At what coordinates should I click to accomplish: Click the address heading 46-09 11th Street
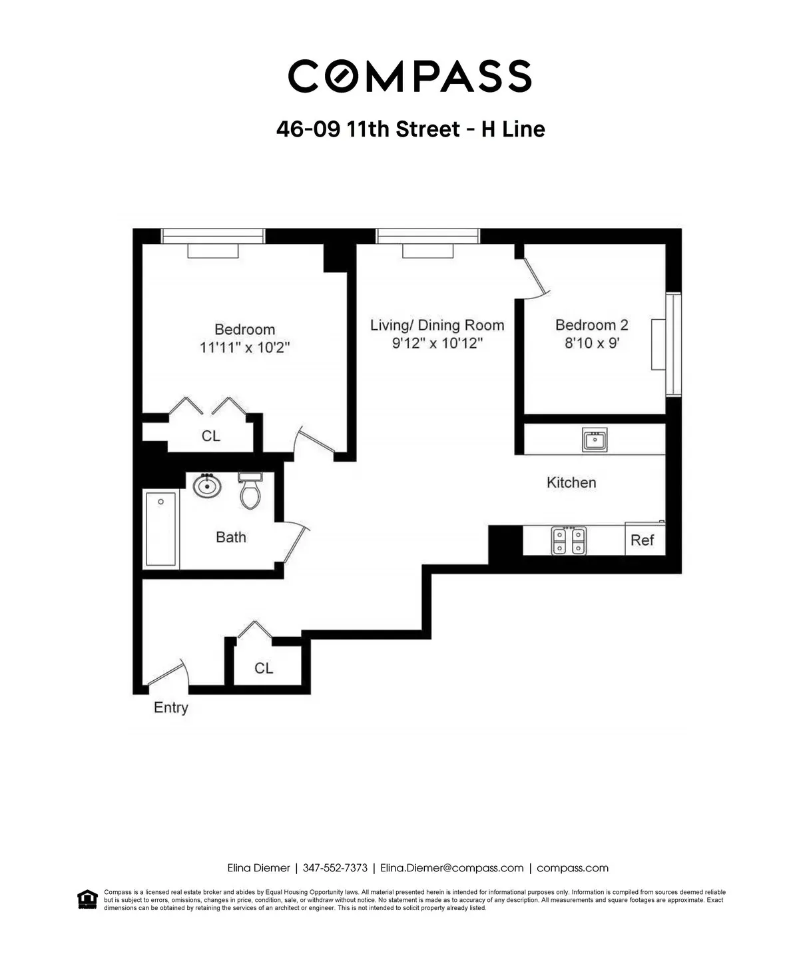pyautogui.click(x=410, y=129)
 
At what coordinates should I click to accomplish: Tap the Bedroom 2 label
pyautogui.click(x=591, y=325)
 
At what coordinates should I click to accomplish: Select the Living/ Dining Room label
pyautogui.click(x=437, y=325)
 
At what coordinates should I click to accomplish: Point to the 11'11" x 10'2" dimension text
pyautogui.click(x=244, y=348)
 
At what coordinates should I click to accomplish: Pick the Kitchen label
pyautogui.click(x=571, y=482)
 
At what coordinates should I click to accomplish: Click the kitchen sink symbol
pyautogui.click(x=594, y=440)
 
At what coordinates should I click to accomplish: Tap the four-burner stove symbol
pyautogui.click(x=569, y=540)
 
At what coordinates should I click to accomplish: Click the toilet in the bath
pyautogui.click(x=250, y=492)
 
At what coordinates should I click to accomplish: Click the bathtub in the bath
pyautogui.click(x=160, y=529)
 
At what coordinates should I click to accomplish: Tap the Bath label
pyautogui.click(x=230, y=537)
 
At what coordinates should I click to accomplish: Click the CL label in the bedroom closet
pyautogui.click(x=210, y=436)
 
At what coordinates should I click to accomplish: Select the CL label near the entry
pyautogui.click(x=264, y=668)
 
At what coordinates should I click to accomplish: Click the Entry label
pyautogui.click(x=170, y=708)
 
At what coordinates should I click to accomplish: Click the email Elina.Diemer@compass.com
pyautogui.click(x=451, y=868)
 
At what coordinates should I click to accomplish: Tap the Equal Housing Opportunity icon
pyautogui.click(x=86, y=899)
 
